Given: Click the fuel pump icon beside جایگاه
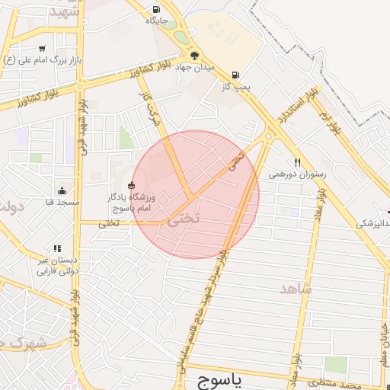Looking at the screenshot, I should [x=156, y=9].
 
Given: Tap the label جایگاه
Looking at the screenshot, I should [x=157, y=21].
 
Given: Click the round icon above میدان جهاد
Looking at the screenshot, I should [x=194, y=56].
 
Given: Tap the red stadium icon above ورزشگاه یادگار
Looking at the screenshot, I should [x=131, y=184].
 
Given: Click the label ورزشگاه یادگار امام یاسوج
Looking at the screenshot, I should [x=130, y=203].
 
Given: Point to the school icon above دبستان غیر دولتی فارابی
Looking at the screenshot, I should [x=58, y=248].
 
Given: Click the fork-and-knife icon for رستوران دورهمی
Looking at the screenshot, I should [x=298, y=162].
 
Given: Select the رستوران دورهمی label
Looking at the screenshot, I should [x=297, y=174].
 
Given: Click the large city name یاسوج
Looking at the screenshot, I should [x=219, y=379].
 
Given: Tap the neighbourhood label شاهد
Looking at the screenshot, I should [x=296, y=289].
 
